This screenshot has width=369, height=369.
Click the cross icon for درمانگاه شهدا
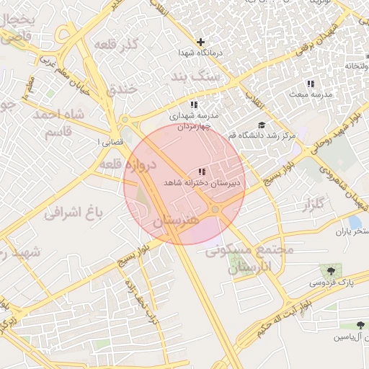tap(201, 42)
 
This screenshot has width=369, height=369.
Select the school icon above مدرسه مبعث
tap(311, 84)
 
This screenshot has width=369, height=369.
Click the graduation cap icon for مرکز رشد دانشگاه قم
tap(261, 125)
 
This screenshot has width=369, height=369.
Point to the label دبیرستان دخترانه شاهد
tap(203, 183)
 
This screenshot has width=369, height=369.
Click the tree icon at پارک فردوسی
tap(331, 271)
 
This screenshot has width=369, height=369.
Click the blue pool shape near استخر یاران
tap(355, 223)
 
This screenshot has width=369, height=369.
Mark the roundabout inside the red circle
tap(215, 209)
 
